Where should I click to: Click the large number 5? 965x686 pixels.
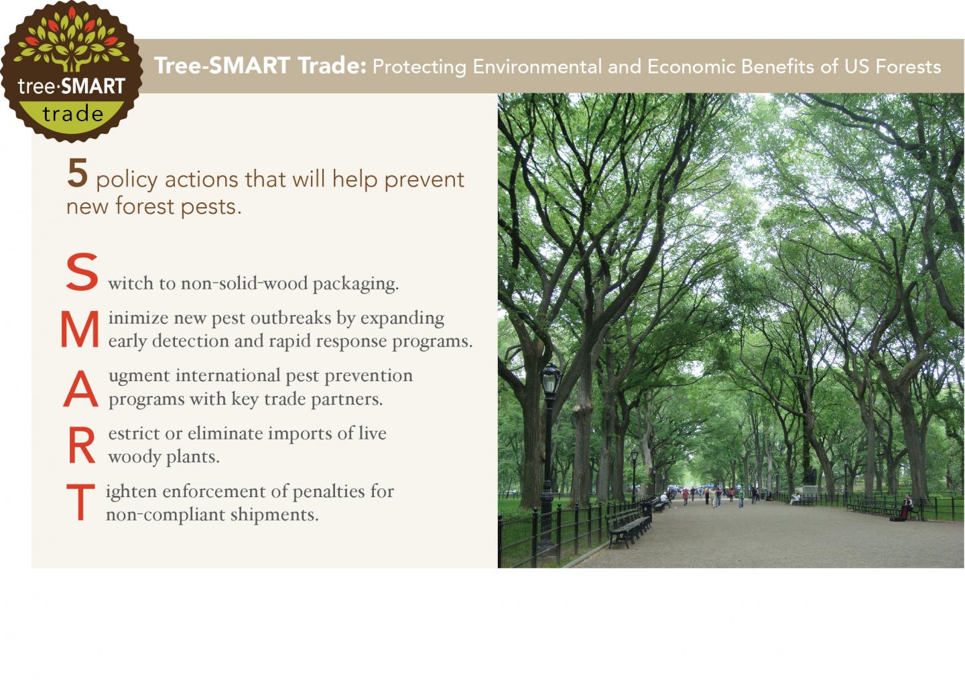click(x=78, y=172)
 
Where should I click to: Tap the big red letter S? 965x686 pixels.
click(x=82, y=273)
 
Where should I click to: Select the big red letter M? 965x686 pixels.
click(x=80, y=330)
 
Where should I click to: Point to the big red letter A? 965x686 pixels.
click(x=80, y=389)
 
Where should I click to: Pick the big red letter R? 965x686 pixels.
click(x=81, y=446)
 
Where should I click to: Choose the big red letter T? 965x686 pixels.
click(x=80, y=502)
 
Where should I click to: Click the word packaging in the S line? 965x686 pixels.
click(x=355, y=284)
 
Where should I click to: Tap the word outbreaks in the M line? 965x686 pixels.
click(x=291, y=318)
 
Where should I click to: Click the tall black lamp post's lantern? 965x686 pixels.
click(x=550, y=380)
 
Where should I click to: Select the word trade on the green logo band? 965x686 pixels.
click(x=72, y=114)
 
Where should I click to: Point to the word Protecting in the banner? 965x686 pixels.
click(x=419, y=66)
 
